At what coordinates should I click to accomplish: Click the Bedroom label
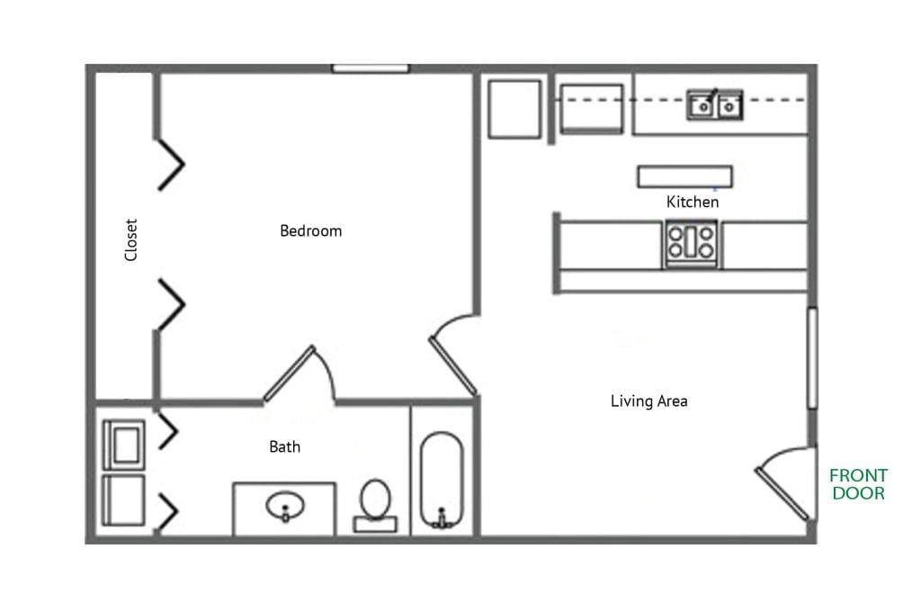click(311, 231)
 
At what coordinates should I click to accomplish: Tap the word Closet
click(131, 240)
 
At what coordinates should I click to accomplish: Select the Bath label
click(285, 446)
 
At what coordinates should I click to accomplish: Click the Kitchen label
click(693, 202)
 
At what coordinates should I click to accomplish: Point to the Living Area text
click(648, 400)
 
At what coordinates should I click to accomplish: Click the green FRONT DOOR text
click(858, 484)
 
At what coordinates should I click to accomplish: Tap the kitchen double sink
click(716, 105)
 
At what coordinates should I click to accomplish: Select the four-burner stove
click(691, 243)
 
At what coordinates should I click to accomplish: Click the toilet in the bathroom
click(375, 503)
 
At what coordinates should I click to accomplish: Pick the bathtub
click(442, 482)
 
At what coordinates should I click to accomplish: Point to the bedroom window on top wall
click(371, 68)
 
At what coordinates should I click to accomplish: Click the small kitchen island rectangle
click(684, 176)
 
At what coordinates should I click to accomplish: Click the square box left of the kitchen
click(514, 109)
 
